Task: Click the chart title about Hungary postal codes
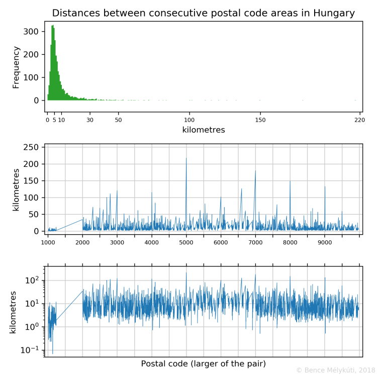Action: point(203,13)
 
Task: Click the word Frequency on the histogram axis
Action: point(16,67)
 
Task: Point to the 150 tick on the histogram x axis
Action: point(260,120)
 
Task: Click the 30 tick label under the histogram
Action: point(90,120)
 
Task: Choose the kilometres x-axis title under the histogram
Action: point(203,130)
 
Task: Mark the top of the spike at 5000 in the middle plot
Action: point(186,158)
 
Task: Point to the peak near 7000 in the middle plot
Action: point(255,171)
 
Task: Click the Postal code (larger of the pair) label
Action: point(203,363)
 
